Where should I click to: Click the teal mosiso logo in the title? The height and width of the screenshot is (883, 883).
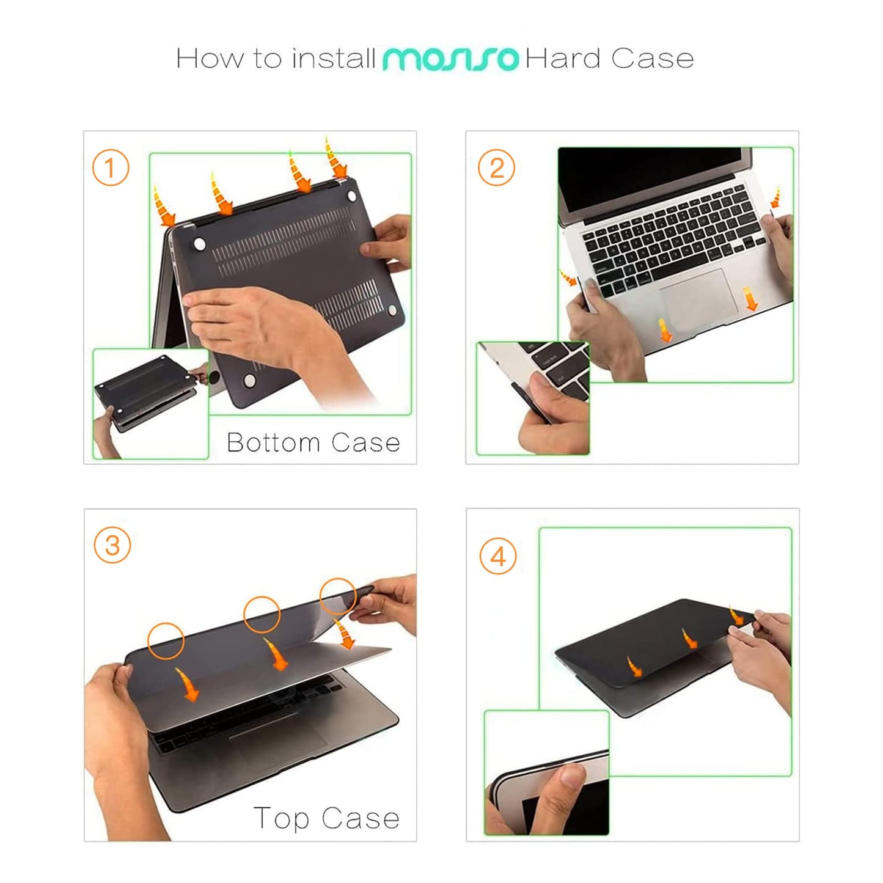(x=450, y=59)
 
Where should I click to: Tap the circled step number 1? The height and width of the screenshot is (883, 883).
(x=111, y=167)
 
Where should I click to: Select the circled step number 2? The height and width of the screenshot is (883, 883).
(x=496, y=167)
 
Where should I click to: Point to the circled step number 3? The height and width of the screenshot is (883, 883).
(x=112, y=545)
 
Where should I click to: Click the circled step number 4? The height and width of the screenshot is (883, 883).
(x=498, y=557)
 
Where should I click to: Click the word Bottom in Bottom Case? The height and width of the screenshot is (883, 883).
(x=273, y=442)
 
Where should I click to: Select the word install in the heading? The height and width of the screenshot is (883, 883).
(x=334, y=59)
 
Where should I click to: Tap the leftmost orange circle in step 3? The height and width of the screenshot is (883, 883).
(x=166, y=640)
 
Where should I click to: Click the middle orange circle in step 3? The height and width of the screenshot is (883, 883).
(x=262, y=615)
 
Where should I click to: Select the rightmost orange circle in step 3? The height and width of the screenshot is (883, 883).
(x=338, y=596)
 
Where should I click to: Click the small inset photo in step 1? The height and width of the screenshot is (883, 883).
(x=150, y=403)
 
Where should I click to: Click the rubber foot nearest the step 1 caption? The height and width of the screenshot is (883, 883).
(x=250, y=381)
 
